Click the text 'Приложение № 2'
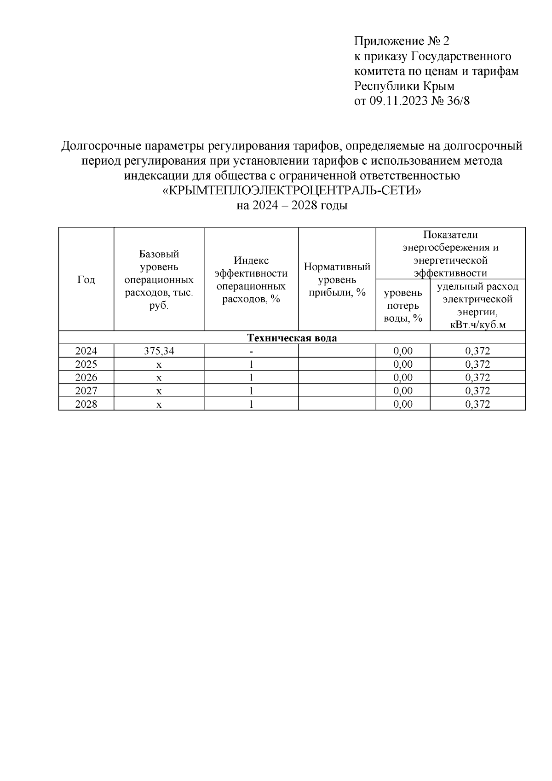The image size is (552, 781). point(401,41)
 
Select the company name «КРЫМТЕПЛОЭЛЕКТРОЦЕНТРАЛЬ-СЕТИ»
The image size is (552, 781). point(292,191)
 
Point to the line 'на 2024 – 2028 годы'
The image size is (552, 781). point(292,205)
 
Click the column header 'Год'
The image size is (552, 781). point(86,280)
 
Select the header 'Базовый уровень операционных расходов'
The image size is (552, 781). point(159,280)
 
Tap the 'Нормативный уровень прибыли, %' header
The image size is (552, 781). point(337,279)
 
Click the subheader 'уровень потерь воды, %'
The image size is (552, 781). point(402,305)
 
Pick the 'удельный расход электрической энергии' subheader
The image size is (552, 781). point(477,305)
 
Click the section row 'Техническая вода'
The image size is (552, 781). point(292,338)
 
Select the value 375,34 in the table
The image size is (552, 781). point(159,351)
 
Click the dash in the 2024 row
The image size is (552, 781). point(251,351)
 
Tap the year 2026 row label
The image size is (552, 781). point(86,378)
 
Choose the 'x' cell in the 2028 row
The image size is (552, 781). point(159,405)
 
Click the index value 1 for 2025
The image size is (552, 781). point(251,364)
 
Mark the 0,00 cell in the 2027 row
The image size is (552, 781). point(402,391)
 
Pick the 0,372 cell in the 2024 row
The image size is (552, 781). point(477,351)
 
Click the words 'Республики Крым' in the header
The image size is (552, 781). point(404,86)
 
